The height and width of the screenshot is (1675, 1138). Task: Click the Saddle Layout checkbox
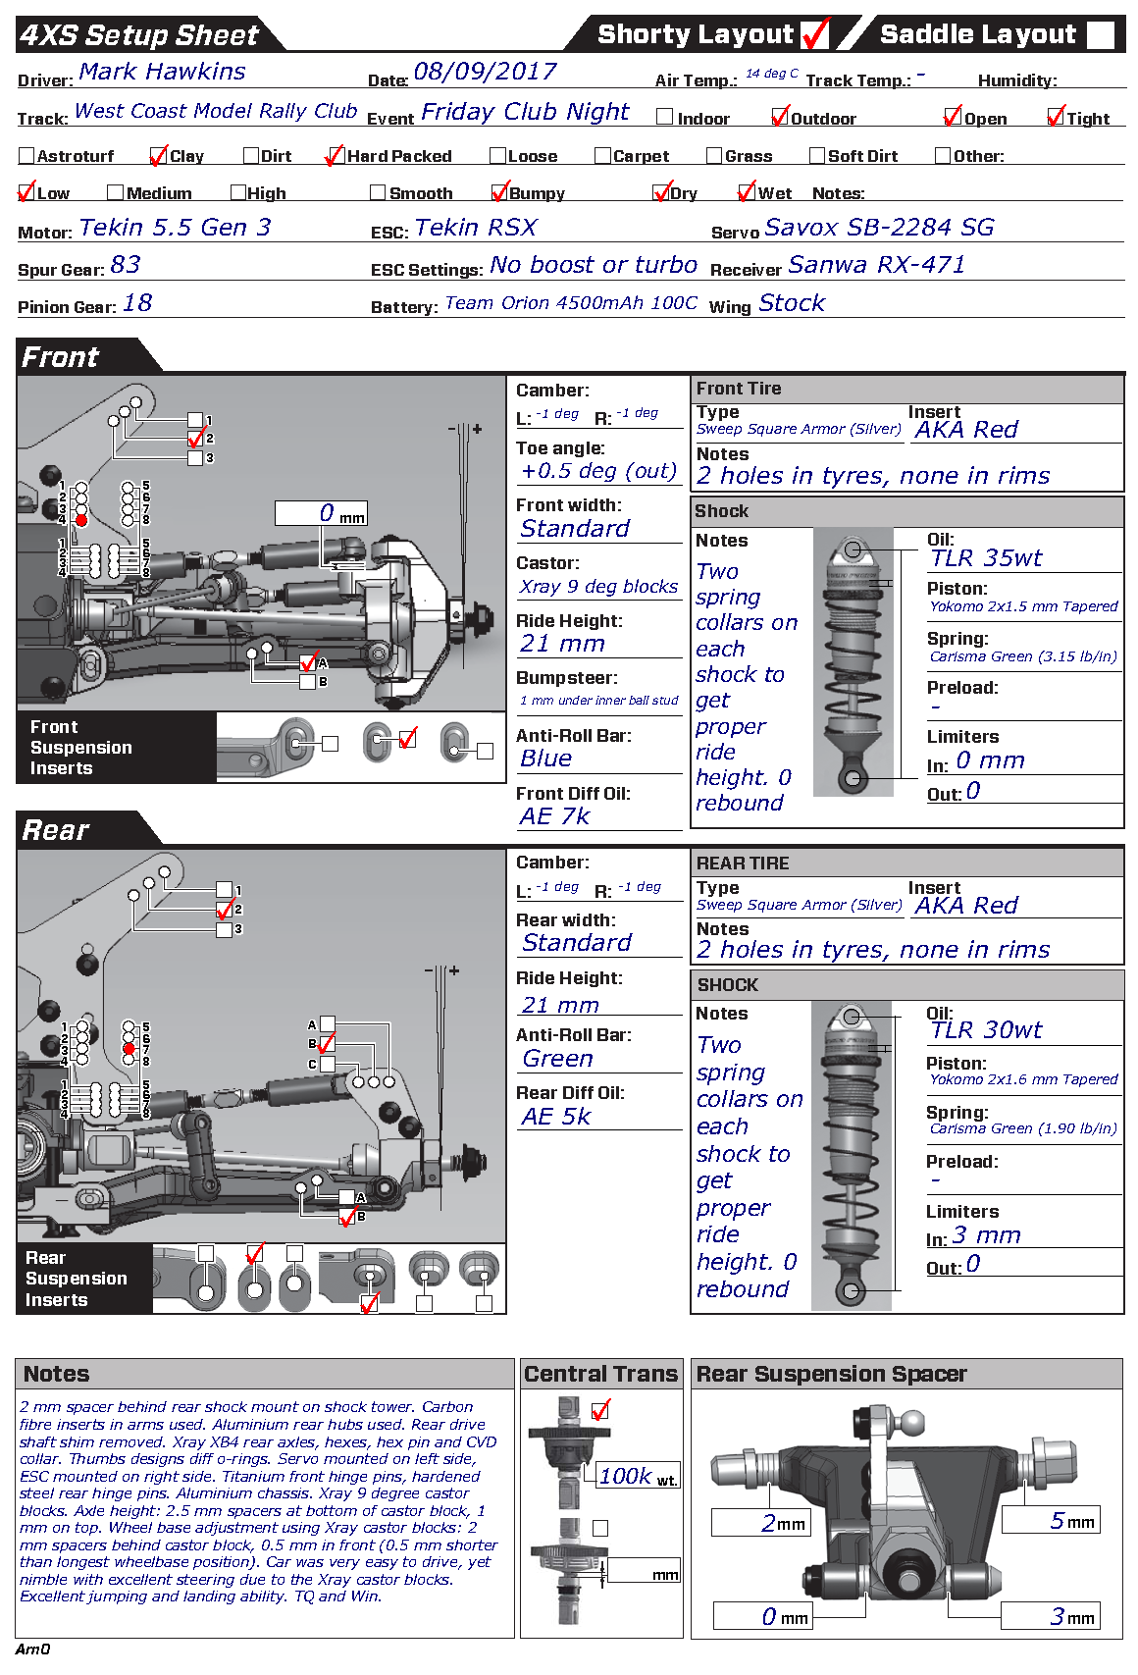click(1100, 34)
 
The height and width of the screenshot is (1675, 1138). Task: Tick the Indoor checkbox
click(664, 117)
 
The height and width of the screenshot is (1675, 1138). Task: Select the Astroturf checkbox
click(26, 155)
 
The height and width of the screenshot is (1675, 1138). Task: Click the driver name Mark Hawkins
click(162, 72)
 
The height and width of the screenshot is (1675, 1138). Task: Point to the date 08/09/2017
click(486, 72)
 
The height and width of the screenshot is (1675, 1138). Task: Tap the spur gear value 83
click(126, 265)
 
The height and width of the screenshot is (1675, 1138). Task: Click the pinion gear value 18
click(137, 303)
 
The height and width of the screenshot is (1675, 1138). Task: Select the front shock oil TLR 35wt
click(986, 557)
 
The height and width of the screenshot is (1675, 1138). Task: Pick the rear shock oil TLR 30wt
click(986, 1029)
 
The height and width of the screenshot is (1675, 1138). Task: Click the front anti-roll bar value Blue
click(546, 759)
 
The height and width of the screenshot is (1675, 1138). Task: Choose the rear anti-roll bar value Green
click(558, 1059)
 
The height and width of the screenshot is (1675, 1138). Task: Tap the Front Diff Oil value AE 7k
click(555, 816)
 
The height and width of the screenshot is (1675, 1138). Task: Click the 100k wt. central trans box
click(638, 1476)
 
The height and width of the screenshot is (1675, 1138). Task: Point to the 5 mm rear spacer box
click(1052, 1520)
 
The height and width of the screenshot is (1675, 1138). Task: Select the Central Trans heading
click(601, 1374)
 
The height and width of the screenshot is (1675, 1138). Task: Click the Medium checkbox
click(115, 192)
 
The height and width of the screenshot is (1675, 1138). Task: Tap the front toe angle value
click(598, 471)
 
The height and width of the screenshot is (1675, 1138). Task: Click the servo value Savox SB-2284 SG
click(879, 228)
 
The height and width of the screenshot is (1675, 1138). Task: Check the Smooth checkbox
click(378, 192)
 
